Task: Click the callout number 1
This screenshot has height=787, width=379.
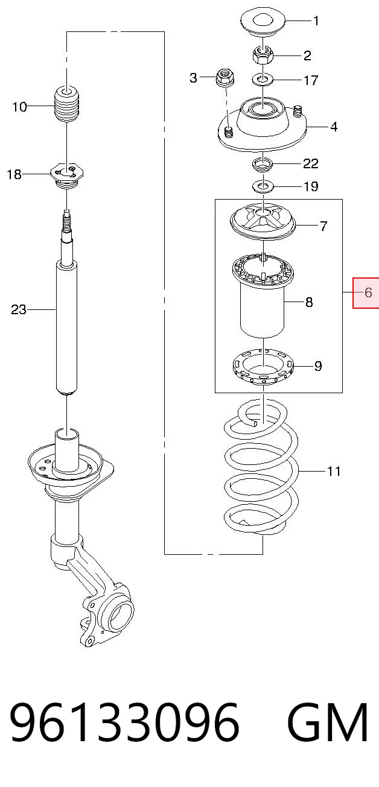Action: (316, 21)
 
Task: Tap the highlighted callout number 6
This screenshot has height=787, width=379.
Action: (368, 292)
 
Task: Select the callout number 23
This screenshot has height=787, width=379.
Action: (18, 309)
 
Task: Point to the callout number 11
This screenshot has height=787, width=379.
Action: (333, 471)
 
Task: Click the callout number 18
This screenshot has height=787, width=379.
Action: (14, 174)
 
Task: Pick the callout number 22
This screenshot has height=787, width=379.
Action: (310, 163)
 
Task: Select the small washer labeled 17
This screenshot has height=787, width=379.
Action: (263, 80)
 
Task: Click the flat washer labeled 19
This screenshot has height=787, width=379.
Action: (263, 186)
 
